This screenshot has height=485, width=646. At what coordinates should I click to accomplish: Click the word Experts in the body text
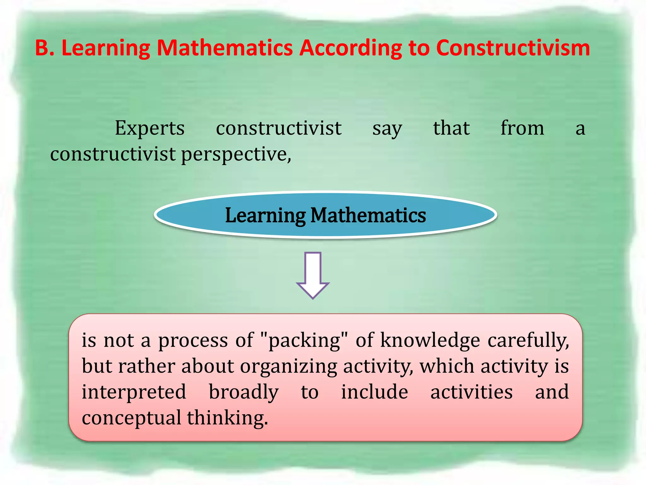[x=150, y=128]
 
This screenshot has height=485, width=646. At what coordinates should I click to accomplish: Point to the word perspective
[x=236, y=154]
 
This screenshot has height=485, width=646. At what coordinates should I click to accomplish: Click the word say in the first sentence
[x=387, y=129]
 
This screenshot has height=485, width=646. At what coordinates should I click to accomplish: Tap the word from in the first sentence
[x=522, y=128]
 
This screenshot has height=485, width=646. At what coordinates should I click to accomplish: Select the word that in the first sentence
[x=451, y=128]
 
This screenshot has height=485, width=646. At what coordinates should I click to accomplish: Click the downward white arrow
[x=313, y=275]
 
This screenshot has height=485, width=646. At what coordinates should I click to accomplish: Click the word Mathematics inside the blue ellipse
[x=368, y=215]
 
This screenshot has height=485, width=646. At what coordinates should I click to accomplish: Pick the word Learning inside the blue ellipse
[x=265, y=215]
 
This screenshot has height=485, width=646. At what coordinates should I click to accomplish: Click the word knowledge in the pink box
[x=430, y=340]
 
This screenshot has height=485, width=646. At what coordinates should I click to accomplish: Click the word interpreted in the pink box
[x=134, y=392]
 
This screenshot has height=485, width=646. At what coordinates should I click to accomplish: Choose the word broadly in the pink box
[x=244, y=392]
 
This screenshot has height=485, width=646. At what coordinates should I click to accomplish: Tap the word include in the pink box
[x=375, y=392]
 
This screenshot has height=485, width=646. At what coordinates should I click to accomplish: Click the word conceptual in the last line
[x=131, y=418]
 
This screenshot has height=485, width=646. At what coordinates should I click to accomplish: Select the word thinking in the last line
[x=227, y=418]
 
